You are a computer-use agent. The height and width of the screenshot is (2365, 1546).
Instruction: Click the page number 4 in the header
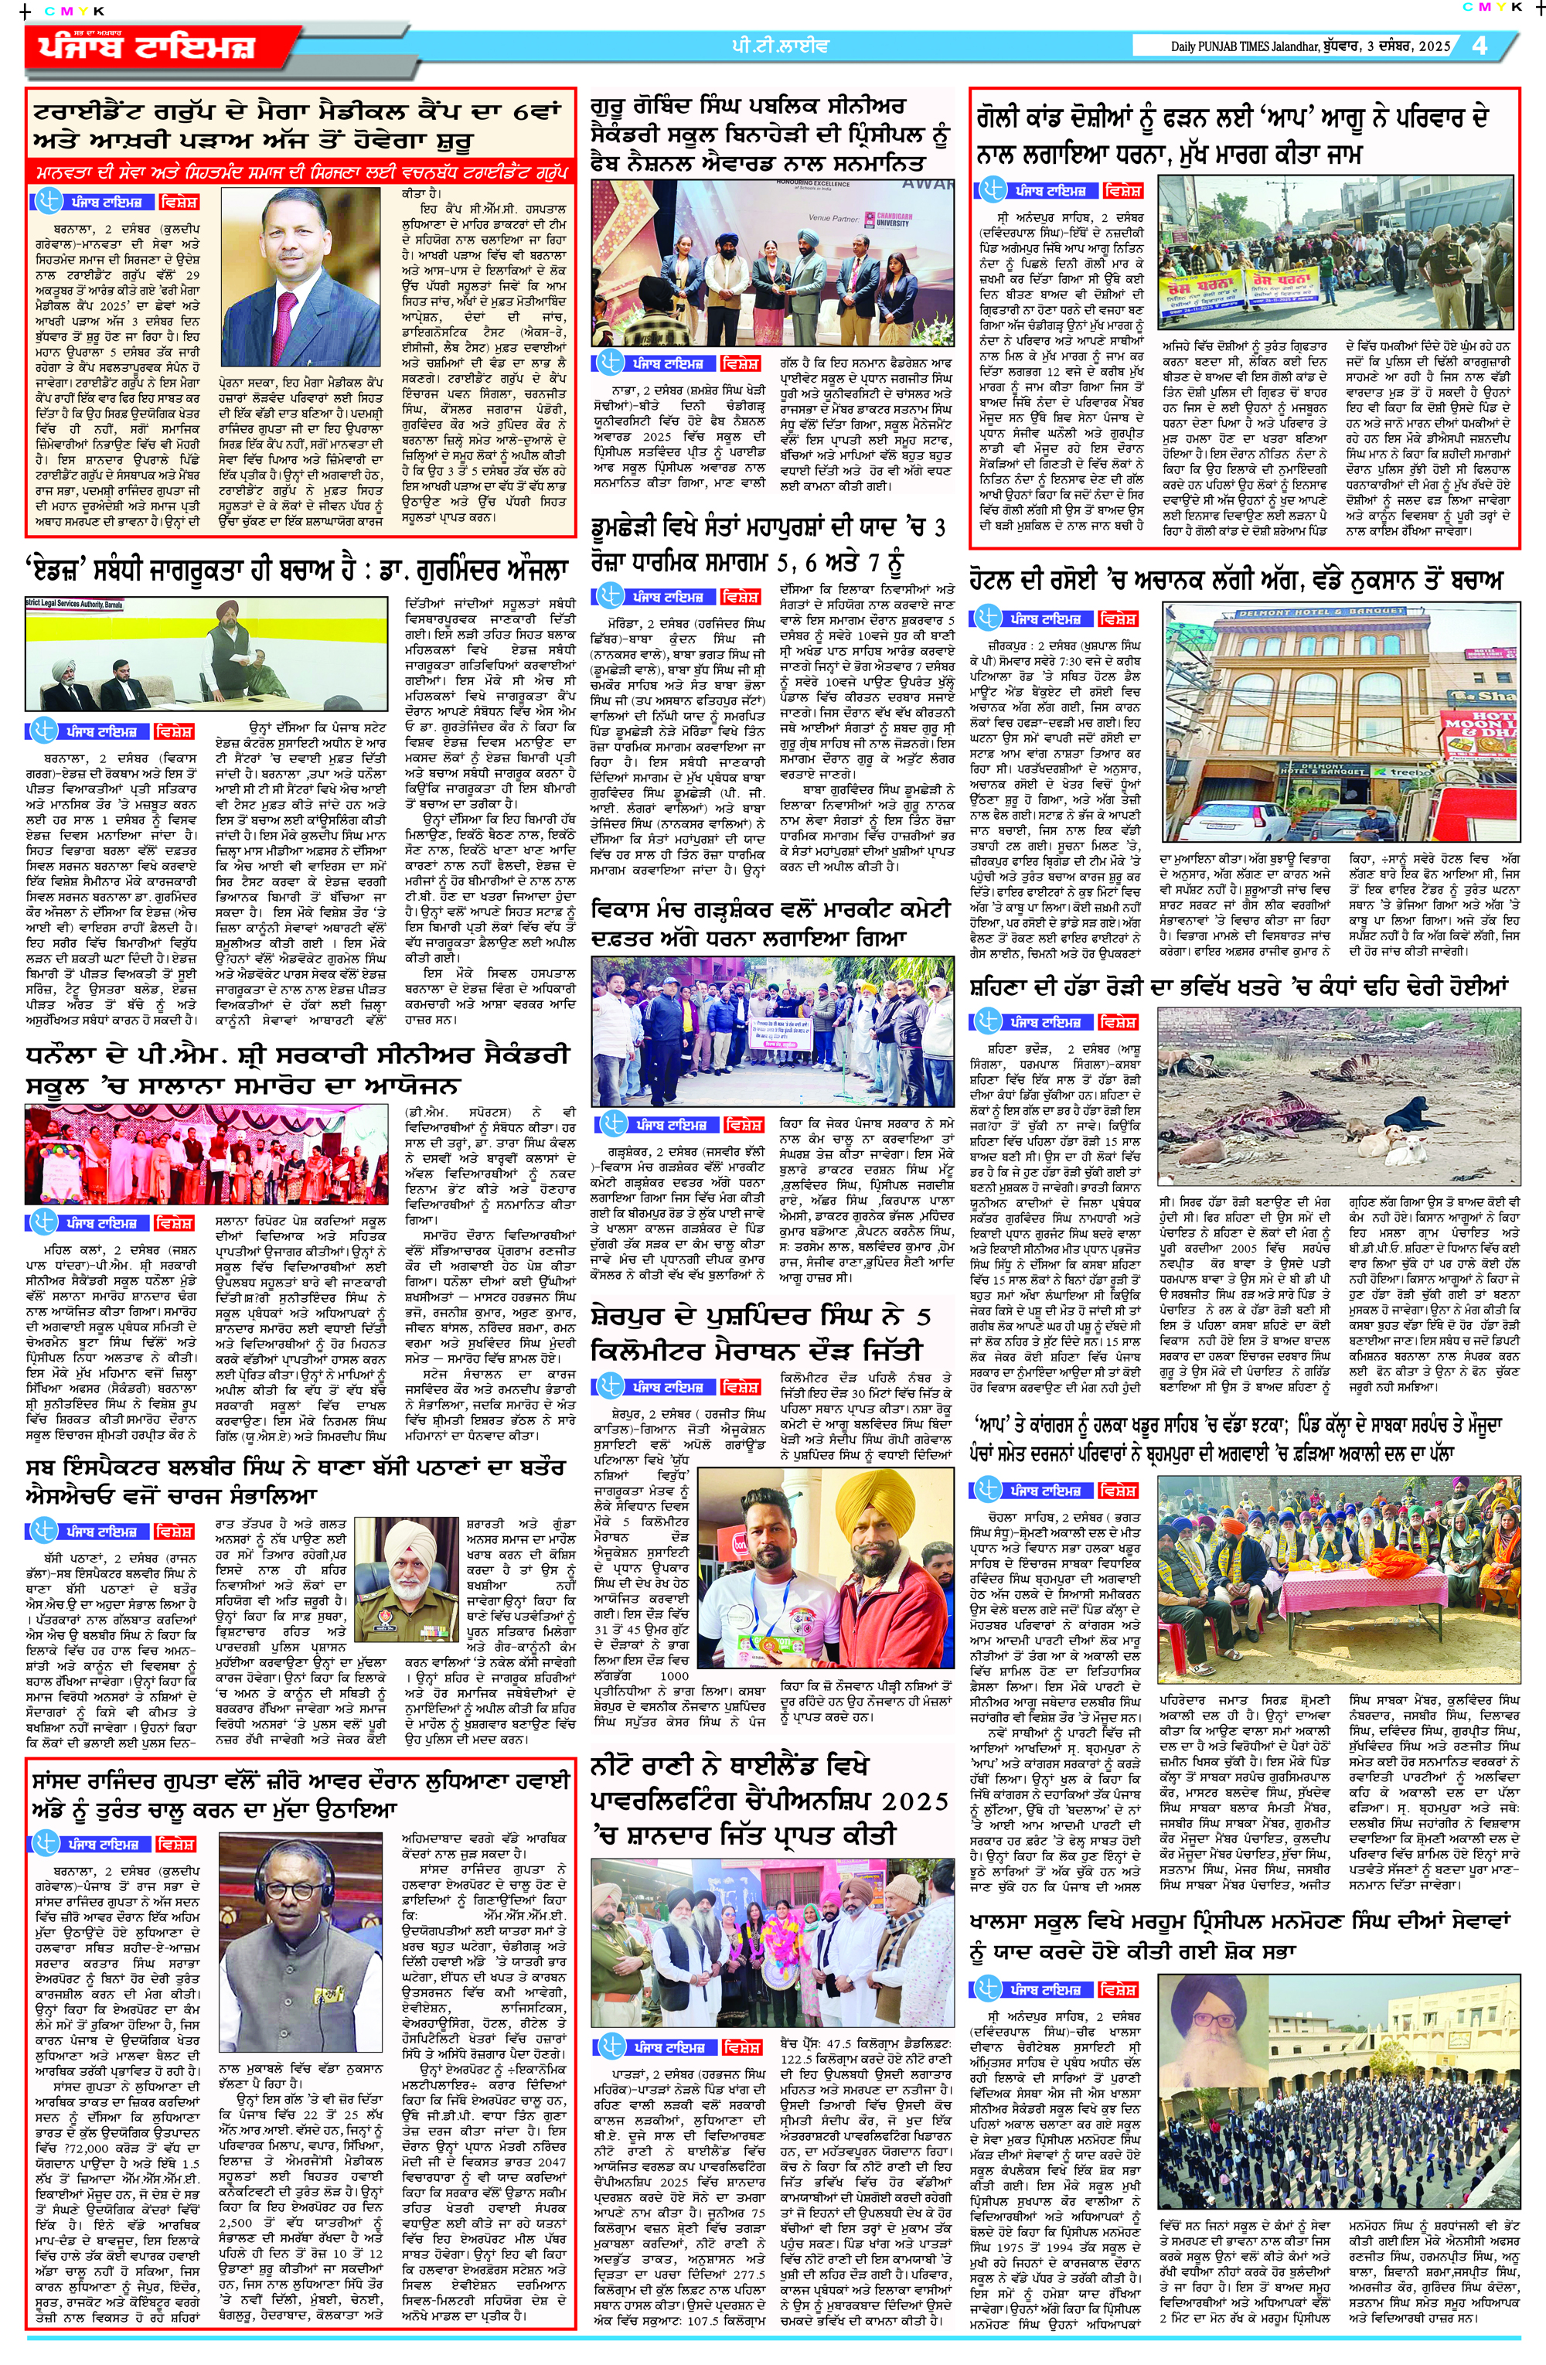[x=1480, y=45]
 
